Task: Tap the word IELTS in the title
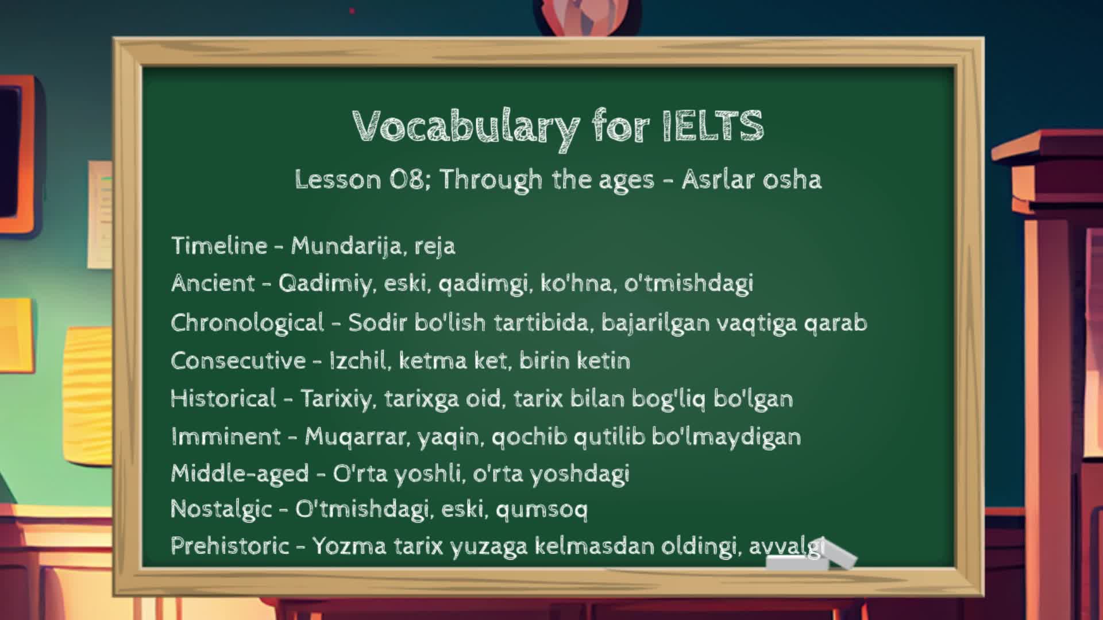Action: (713, 125)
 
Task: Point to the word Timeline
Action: (219, 246)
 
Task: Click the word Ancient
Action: (213, 283)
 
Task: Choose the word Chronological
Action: (248, 323)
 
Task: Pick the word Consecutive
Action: (238, 361)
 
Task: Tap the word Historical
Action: (223, 398)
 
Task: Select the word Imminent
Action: (226, 436)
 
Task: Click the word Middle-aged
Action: (240, 474)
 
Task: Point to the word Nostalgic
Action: (221, 509)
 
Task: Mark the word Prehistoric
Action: (230, 545)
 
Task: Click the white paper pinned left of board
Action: (100, 215)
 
